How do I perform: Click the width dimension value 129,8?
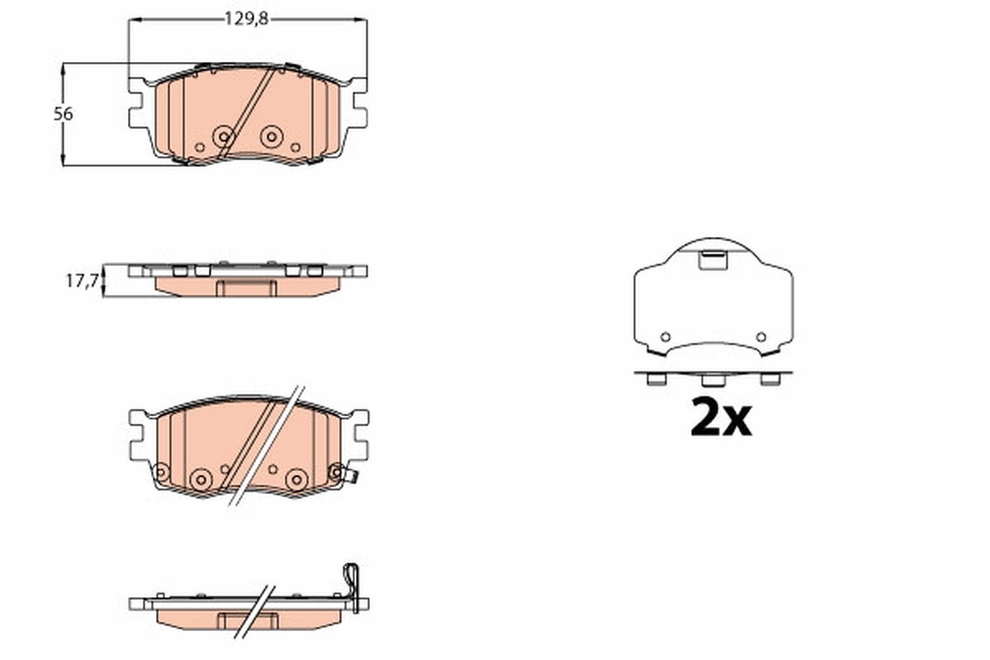tap(247, 19)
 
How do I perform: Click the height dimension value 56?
tap(64, 114)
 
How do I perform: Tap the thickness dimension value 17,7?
tap(82, 281)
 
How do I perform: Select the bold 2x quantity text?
tap(721, 418)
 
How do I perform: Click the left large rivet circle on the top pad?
tap(223, 137)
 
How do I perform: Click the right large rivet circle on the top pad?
tap(271, 137)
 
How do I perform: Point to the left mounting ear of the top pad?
tap(139, 108)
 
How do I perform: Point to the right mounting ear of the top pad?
tap(357, 108)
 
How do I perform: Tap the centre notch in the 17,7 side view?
tap(247, 287)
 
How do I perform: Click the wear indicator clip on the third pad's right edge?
tap(350, 475)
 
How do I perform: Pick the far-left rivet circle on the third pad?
tap(161, 472)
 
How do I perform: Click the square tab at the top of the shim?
tap(712, 260)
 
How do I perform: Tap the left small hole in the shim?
tap(666, 337)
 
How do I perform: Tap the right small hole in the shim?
tap(761, 337)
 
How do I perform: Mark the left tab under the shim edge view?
tap(657, 379)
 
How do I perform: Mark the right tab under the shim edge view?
tap(769, 379)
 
